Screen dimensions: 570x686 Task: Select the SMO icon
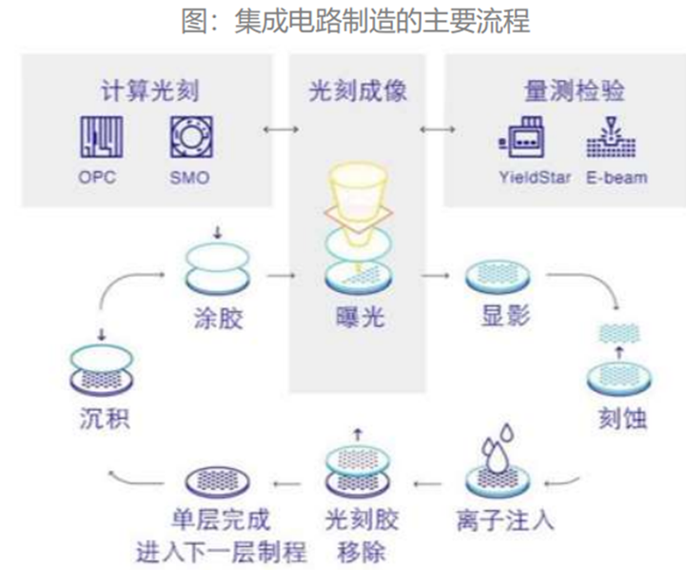pos(188,138)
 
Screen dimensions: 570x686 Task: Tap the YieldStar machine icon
pos(524,139)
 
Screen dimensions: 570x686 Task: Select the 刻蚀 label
pos(617,419)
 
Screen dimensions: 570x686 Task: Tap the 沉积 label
pos(106,419)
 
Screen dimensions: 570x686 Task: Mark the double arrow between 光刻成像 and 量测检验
pos(436,128)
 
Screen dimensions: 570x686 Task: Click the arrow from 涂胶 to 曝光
pos(281,277)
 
